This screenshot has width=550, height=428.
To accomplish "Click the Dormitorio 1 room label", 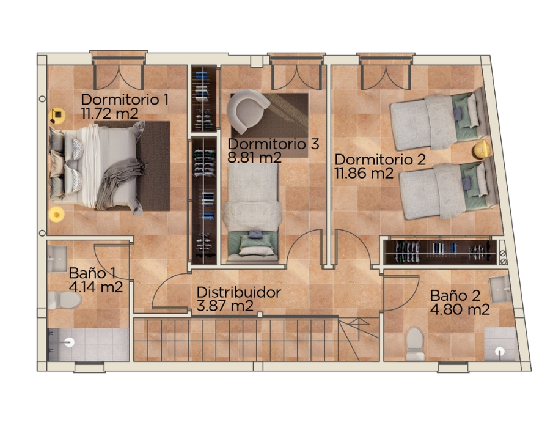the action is [125, 100].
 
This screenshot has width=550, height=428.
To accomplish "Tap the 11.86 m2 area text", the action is [364, 173].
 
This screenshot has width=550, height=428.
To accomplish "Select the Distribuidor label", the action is [238, 292].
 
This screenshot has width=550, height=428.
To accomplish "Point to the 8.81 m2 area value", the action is [254, 158].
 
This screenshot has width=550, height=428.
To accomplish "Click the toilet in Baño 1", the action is [64, 300].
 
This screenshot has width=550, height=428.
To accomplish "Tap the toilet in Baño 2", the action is [415, 344].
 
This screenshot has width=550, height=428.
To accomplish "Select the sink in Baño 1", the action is [57, 259].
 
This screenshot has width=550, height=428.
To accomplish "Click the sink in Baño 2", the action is [501, 289].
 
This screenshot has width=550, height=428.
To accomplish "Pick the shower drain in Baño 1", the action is [69, 342].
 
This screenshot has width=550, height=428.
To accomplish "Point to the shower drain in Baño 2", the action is [500, 351].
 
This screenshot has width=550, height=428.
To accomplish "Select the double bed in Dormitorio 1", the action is [98, 168].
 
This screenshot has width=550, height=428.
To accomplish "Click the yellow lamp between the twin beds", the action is [482, 150].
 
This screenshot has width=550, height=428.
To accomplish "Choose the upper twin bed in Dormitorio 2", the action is [440, 119].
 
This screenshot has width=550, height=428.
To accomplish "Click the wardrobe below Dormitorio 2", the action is [440, 251].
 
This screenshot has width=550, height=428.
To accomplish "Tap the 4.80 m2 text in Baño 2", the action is [460, 310].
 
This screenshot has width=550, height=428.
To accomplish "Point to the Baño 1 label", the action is [92, 273].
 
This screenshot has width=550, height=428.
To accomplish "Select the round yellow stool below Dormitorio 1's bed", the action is [56, 214].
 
